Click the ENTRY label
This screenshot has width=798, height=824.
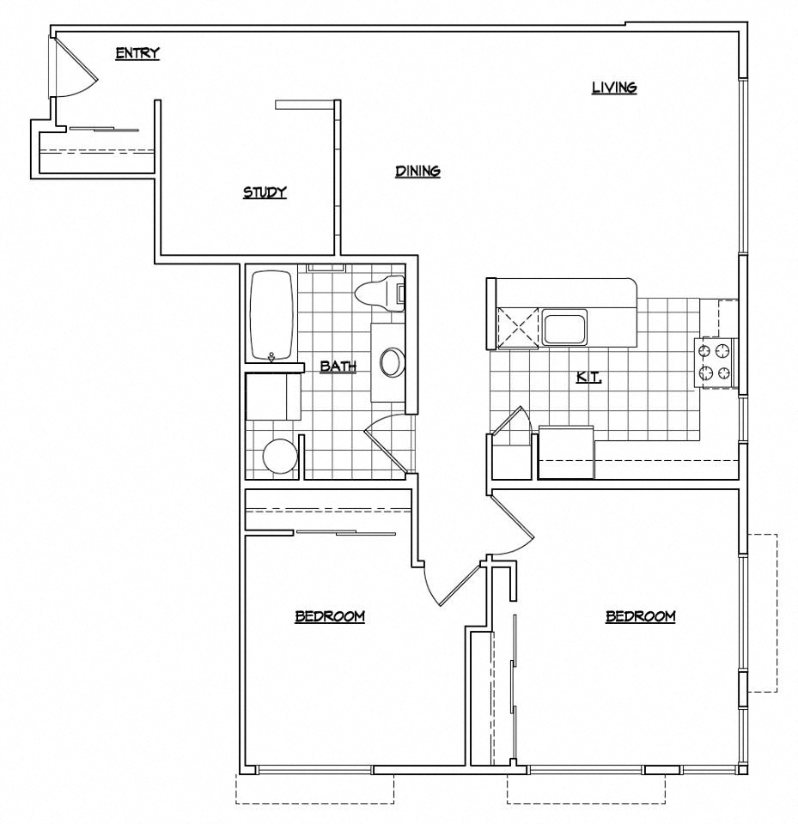coord(137,54)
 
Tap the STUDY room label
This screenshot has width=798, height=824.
coord(264,192)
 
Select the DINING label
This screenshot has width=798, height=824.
coord(417,171)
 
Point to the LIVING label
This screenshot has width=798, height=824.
coord(613,87)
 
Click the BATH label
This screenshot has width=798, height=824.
coord(338,367)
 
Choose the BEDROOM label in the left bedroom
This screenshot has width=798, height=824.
coord(330,615)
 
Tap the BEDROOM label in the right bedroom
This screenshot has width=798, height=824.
coord(640,615)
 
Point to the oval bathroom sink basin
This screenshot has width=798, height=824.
coord(392,362)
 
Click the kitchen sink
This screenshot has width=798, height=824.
coord(564,328)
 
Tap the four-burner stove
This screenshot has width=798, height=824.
coord(716,361)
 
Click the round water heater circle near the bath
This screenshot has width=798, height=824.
coord(280,457)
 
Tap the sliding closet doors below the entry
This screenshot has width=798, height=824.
coord(103,130)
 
